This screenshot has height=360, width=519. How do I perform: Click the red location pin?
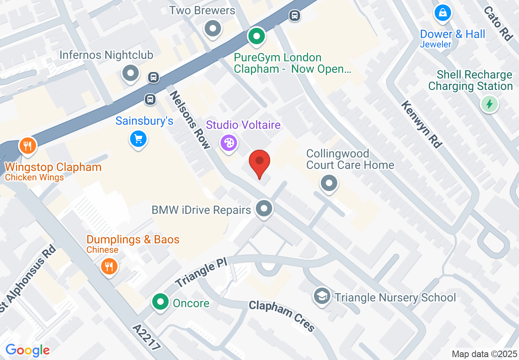click(x=259, y=162)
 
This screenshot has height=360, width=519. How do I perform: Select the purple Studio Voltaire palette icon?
click(x=228, y=143)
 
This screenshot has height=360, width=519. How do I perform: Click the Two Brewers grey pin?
click(x=213, y=29)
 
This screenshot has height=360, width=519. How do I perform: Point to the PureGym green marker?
click(x=257, y=37)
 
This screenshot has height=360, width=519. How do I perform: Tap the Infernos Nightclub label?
click(x=106, y=55)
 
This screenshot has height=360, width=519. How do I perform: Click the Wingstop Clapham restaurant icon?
click(x=27, y=145)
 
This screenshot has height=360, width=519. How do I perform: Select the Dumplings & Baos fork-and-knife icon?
click(x=109, y=267)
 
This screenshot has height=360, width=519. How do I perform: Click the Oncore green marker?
click(x=160, y=302)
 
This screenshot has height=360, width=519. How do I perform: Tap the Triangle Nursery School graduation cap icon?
click(x=322, y=296)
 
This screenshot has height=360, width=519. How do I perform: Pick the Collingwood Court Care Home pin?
click(x=329, y=183)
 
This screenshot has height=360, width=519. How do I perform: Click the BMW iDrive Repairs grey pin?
click(x=264, y=209)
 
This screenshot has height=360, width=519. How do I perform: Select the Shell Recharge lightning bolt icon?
click(x=489, y=104)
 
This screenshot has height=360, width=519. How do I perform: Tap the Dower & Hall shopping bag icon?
click(x=442, y=13)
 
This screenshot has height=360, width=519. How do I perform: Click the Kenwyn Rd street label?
click(x=422, y=124)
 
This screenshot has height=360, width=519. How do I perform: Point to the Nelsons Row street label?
click(x=190, y=119)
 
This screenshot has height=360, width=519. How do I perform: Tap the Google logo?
click(x=27, y=350)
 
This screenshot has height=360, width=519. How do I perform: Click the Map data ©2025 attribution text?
click(x=484, y=354)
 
